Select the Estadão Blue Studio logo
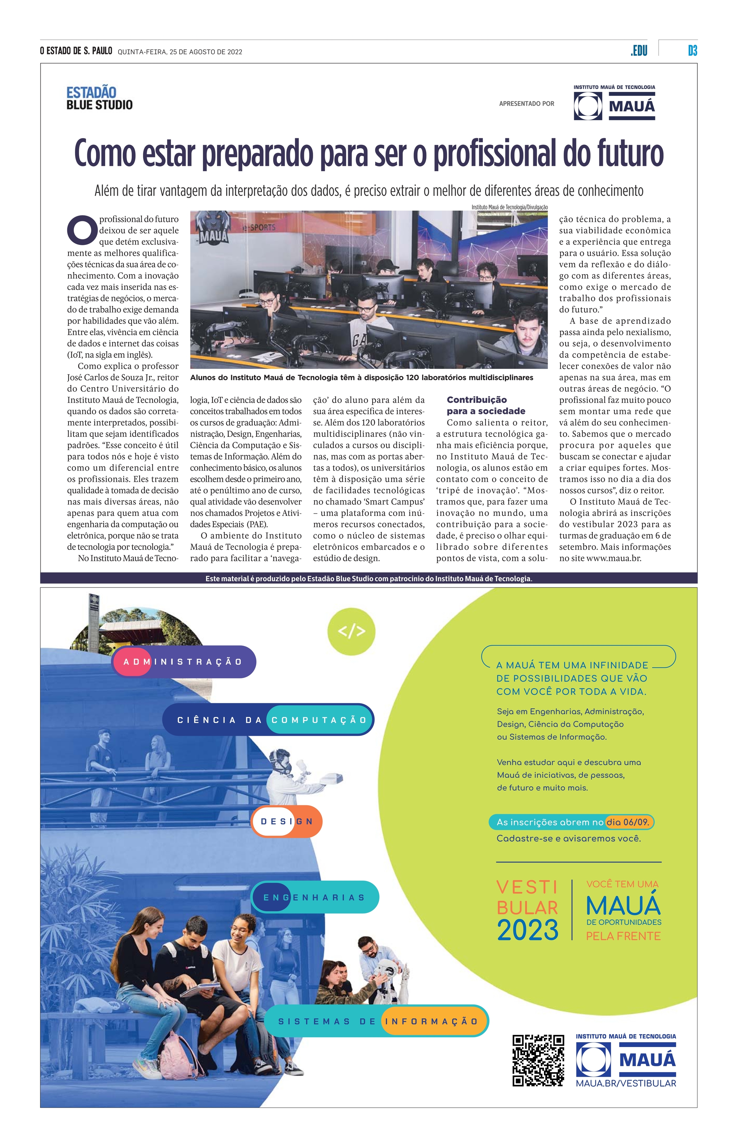click(100, 99)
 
